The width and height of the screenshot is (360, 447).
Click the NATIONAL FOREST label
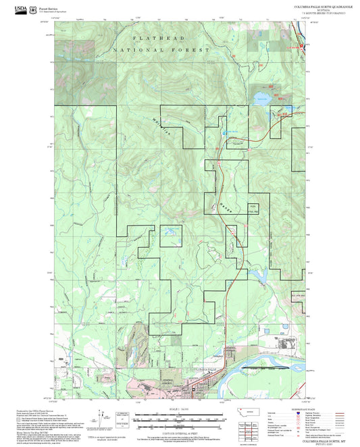pos(162,50)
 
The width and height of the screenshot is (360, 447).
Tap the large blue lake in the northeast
pos(260,98)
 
